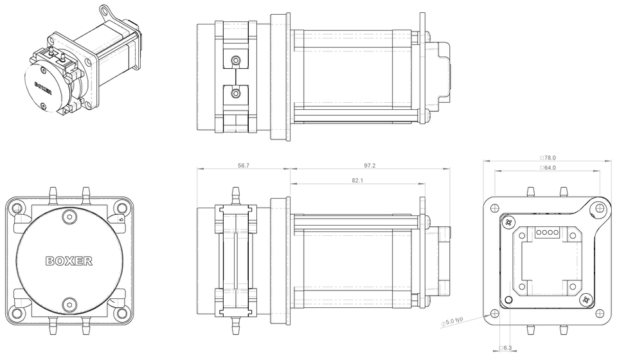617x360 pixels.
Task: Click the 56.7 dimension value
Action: pos(244,165)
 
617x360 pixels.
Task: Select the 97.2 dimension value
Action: pos(370,165)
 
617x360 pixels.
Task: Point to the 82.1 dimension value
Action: pos(358,181)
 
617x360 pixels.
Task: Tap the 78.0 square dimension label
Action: pos(548,157)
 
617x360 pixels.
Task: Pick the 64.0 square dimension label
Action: pos(548,168)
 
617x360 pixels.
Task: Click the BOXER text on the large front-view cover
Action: pos(69,262)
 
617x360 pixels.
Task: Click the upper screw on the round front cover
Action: pos(69,215)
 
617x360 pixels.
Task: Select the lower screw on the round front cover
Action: pos(69,304)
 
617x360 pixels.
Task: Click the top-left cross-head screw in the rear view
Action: pos(509,222)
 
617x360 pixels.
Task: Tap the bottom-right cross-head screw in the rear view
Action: pos(585,300)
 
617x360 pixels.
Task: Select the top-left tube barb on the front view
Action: pos(53,192)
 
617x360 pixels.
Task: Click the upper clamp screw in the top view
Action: pos(237,61)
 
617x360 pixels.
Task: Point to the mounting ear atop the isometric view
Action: pos(105,12)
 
